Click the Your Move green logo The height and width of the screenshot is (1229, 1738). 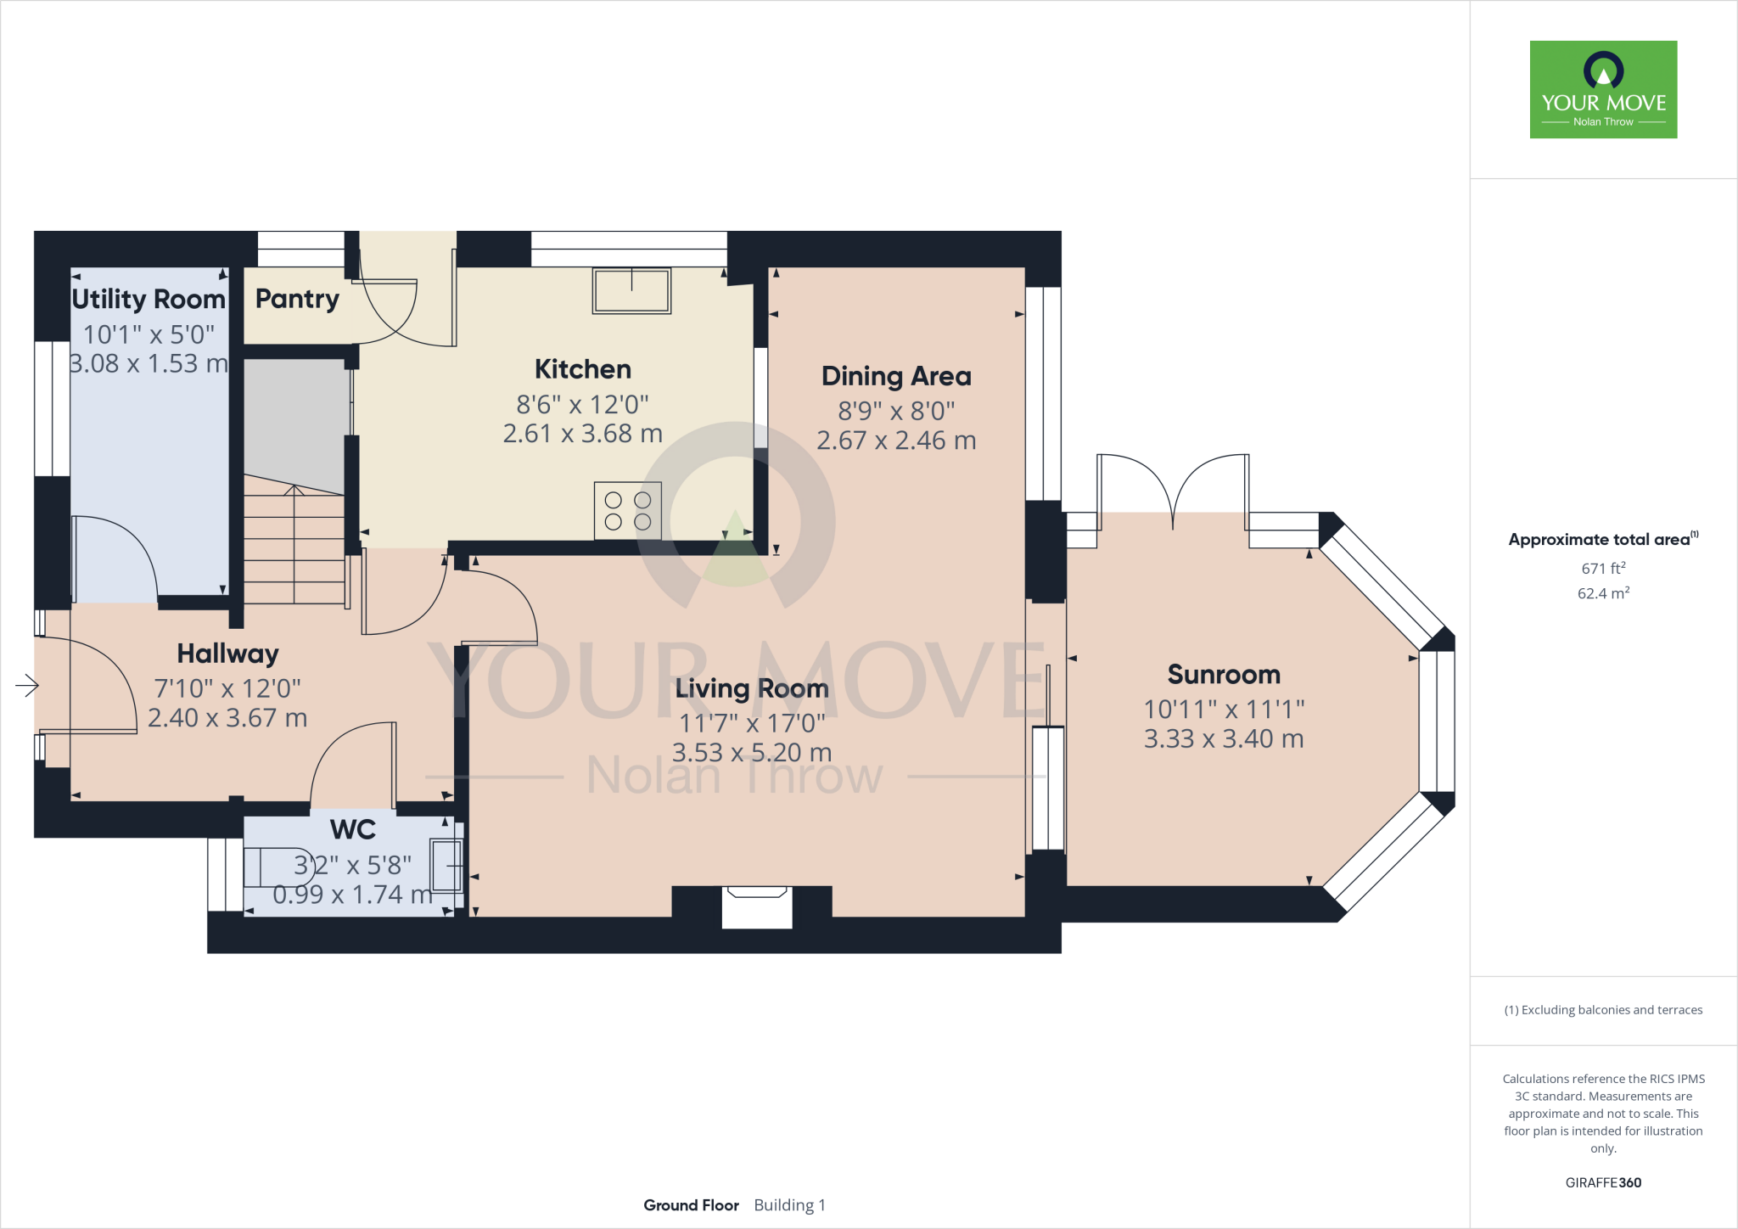tap(1603, 89)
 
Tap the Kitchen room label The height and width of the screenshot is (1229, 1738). tap(583, 369)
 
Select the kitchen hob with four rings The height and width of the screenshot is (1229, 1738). tap(628, 511)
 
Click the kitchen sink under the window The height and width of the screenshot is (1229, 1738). tap(631, 290)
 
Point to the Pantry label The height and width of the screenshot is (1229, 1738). tap(297, 299)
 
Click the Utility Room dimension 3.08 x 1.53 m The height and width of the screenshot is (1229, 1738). tap(149, 363)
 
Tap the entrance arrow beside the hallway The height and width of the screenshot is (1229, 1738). tap(27, 685)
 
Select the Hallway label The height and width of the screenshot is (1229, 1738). tap(227, 654)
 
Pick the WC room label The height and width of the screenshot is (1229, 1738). tap(353, 829)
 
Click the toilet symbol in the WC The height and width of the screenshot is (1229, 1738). tap(278, 867)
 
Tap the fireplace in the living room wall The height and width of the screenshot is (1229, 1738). tap(756, 907)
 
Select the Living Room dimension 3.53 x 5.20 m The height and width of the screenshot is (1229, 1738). tap(752, 753)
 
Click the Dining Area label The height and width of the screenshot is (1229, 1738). tap(896, 376)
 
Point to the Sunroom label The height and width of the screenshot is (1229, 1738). tap(1224, 675)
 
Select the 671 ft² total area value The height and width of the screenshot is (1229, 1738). tap(1603, 568)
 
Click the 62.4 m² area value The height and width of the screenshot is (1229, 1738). tap(1603, 593)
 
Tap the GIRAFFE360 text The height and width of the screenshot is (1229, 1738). tap(1603, 1182)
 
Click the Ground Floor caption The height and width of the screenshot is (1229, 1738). tap(691, 1205)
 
